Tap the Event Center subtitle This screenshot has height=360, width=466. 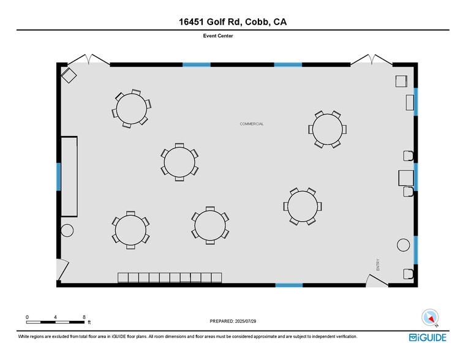(x=218, y=36)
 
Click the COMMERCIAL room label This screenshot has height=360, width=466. (x=252, y=124)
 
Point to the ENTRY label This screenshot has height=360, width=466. (x=378, y=264)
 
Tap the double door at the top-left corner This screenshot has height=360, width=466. (x=89, y=60)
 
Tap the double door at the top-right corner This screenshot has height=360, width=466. (x=372, y=60)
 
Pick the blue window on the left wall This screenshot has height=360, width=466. (x=59, y=177)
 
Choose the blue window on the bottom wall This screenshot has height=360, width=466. (x=289, y=285)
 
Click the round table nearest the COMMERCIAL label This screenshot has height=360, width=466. (x=328, y=130)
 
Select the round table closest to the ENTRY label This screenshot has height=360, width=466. (x=303, y=206)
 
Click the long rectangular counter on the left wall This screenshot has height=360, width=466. (x=69, y=176)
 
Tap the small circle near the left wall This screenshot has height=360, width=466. (x=67, y=230)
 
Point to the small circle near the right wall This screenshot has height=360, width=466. (x=404, y=245)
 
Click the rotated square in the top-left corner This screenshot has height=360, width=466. (x=69, y=75)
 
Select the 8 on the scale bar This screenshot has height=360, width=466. (x=84, y=317)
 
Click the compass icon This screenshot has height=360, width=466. (x=430, y=318)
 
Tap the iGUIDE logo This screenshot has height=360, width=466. (x=427, y=337)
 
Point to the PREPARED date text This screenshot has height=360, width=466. (x=233, y=321)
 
